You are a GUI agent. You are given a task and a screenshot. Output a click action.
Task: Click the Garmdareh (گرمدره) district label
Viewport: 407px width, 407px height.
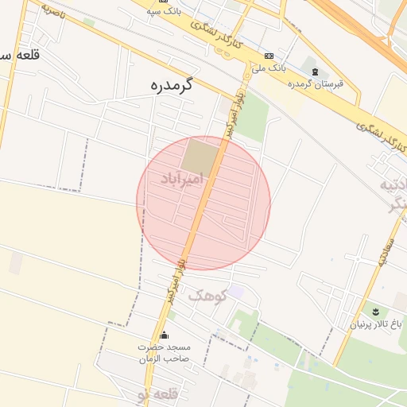point(172,85)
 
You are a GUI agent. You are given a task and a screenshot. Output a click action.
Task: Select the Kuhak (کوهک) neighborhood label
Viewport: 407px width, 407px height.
point(207,296)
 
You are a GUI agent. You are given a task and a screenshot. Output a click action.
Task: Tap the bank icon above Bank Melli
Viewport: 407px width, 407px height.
point(269,56)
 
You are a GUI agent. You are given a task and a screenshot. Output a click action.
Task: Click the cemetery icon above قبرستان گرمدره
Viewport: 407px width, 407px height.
point(315,72)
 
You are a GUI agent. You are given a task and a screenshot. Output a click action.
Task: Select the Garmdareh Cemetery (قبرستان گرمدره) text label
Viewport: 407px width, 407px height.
point(314,83)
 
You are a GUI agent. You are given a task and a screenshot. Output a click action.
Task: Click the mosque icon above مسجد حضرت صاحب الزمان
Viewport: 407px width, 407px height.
point(165,335)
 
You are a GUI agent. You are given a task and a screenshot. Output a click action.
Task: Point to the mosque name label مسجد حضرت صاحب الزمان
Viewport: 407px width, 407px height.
point(165,353)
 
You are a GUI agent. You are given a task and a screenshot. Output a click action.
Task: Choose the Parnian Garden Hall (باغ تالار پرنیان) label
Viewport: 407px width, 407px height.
point(377,324)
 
